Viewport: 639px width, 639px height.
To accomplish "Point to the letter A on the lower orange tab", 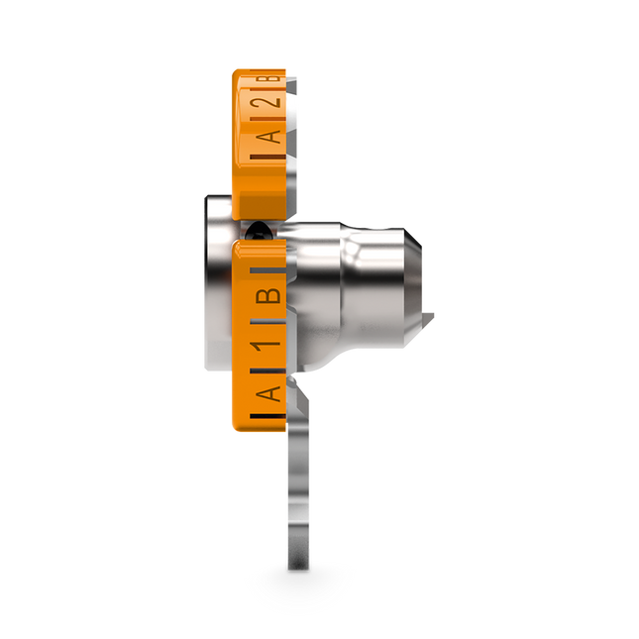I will tap(269, 395).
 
